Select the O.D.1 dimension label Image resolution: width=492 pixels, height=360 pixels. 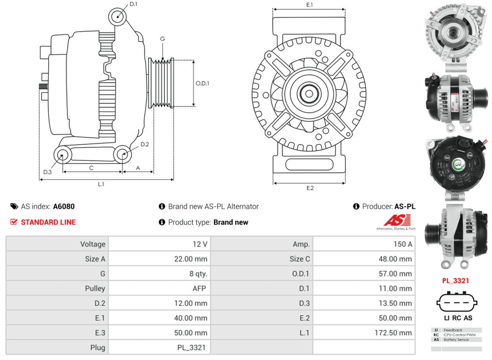click(x=202, y=83)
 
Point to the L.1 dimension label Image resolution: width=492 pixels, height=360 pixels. click(x=101, y=184)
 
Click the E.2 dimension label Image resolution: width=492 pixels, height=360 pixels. click(x=310, y=188)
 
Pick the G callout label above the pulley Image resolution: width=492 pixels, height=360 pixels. click(x=162, y=39)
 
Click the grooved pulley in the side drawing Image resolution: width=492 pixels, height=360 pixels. click(x=161, y=83)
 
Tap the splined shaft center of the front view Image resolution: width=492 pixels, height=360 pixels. click(x=309, y=94)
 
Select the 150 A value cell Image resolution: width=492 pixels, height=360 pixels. click(x=364, y=244)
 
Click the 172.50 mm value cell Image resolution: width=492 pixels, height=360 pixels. click(x=364, y=332)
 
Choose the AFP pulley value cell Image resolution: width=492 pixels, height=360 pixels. click(x=159, y=288)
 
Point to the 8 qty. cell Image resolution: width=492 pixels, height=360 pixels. click(x=159, y=273)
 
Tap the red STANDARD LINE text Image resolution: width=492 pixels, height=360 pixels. click(x=48, y=222)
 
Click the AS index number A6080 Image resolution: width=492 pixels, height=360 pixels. click(x=64, y=207)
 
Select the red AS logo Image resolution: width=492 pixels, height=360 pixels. click(x=397, y=220)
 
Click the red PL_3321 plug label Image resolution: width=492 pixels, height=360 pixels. click(x=455, y=281)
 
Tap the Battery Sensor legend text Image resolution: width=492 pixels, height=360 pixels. click(x=456, y=339)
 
